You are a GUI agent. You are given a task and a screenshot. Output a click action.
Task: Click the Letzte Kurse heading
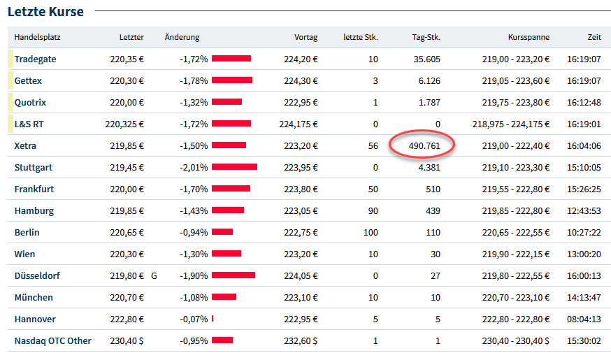[x=45, y=12]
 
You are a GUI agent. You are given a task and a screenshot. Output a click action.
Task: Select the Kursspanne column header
[x=529, y=37]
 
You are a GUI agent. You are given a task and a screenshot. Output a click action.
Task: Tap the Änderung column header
[x=182, y=37]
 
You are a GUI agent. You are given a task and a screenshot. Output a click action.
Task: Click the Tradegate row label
[x=35, y=59]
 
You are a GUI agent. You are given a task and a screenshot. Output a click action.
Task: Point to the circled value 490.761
[x=424, y=145]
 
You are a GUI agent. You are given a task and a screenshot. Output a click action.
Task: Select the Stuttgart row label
[x=33, y=168]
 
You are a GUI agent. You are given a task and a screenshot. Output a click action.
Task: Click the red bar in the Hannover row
[x=213, y=319]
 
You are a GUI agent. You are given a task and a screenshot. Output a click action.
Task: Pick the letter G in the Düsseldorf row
[x=154, y=276]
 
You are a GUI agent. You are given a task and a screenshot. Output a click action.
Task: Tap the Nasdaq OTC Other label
[x=52, y=340]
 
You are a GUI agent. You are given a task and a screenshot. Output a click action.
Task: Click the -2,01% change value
[x=194, y=168]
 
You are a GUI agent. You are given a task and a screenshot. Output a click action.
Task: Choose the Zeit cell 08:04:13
[x=584, y=319]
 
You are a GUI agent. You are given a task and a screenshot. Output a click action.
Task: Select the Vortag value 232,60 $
[x=301, y=341]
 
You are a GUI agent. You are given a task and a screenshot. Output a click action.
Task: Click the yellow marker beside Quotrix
[x=10, y=102]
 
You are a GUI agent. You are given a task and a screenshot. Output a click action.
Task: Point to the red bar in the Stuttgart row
[x=235, y=167]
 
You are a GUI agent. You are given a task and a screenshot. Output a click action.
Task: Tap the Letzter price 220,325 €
[x=124, y=124]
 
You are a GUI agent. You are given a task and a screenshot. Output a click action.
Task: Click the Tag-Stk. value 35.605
[x=426, y=59]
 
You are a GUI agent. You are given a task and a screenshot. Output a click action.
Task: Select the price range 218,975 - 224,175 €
[x=511, y=124]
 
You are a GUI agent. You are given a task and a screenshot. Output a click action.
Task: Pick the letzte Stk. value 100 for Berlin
[x=371, y=233]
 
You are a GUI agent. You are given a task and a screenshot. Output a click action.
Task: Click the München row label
[x=34, y=297]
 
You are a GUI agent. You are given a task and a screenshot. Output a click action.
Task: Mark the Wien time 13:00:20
[x=584, y=254]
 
